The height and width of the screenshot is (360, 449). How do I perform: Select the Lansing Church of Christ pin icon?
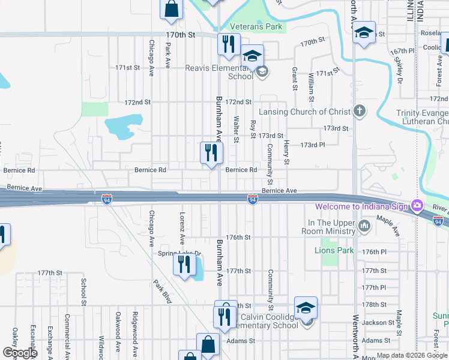359,110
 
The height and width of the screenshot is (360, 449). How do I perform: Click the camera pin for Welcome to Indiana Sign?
417,206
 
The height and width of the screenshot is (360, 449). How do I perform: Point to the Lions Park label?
334,250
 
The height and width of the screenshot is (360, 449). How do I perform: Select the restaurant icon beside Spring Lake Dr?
184,263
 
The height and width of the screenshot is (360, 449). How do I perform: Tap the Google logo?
20,353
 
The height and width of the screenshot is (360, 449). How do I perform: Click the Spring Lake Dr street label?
178,254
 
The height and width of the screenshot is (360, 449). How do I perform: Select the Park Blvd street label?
162,292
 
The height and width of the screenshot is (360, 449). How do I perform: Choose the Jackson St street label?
378,323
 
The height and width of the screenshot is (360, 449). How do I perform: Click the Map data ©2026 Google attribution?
412,355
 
